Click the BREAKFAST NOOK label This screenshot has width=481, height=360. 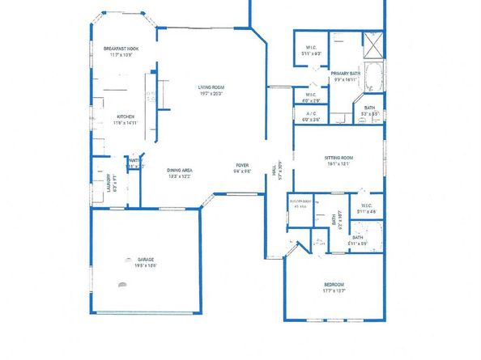point(121,49)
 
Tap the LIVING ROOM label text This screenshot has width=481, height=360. point(211,87)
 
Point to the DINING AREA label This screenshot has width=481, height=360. point(180,170)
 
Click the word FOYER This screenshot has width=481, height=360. point(242,165)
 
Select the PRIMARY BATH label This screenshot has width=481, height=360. point(345,74)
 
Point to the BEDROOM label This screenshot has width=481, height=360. point(334,285)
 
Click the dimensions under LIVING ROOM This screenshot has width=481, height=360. point(211,93)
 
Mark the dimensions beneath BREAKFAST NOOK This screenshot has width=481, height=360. point(121,55)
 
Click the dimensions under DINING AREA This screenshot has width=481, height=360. point(180,176)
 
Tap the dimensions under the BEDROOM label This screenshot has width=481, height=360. point(334,291)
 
